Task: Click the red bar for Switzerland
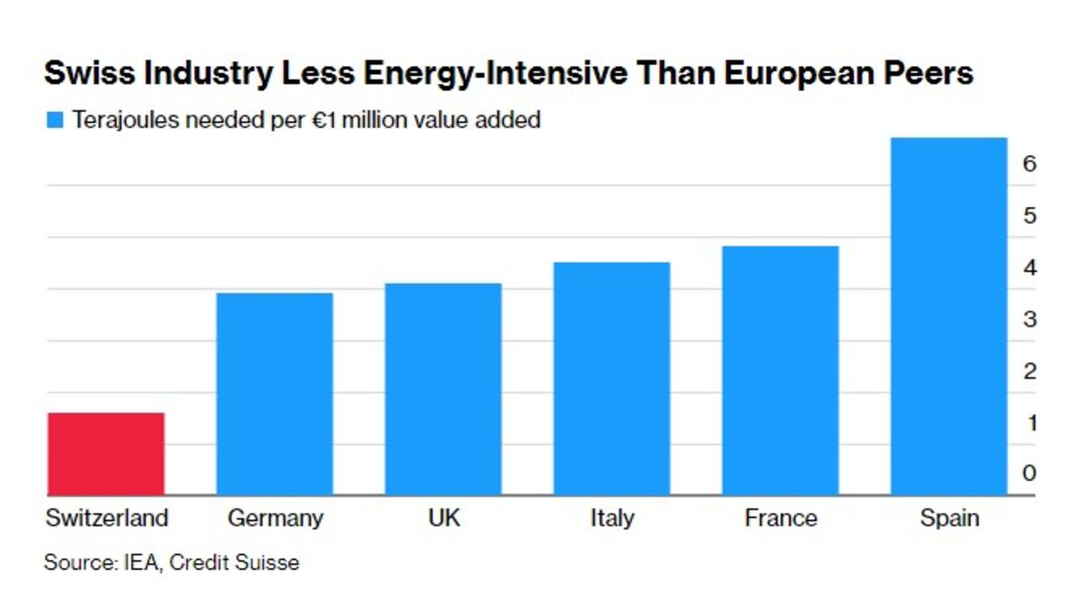click(106, 454)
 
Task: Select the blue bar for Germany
click(275, 394)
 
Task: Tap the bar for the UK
click(443, 389)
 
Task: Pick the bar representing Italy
click(612, 379)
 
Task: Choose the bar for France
click(780, 371)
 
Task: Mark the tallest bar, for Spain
click(948, 317)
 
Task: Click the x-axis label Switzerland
click(107, 519)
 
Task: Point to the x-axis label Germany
click(275, 519)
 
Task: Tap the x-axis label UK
click(443, 519)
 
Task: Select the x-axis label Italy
click(612, 519)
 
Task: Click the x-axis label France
click(780, 519)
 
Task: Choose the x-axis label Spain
click(948, 519)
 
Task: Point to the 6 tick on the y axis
click(1029, 164)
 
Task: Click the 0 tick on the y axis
click(1029, 474)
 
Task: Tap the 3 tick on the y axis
click(1029, 320)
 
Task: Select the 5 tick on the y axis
click(1029, 217)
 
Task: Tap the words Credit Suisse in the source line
click(235, 563)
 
